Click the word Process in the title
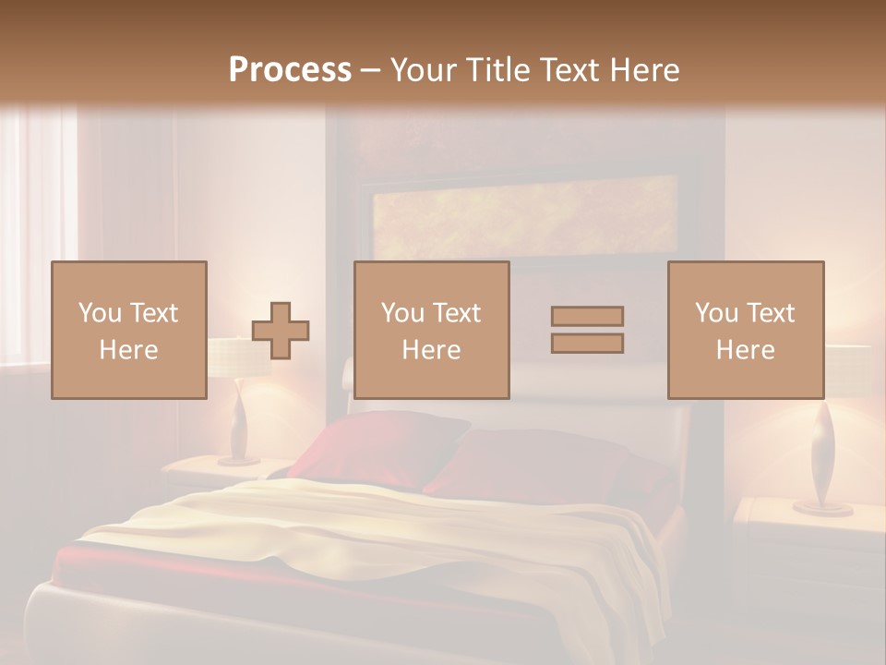tap(290, 69)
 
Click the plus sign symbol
tap(281, 331)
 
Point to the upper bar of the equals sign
tap(587, 316)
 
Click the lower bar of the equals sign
tap(587, 344)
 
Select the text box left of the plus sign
tap(128, 330)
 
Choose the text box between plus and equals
tap(431, 330)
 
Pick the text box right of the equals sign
tap(745, 330)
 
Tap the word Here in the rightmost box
tap(745, 349)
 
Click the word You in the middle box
tap(401, 313)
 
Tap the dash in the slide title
tap(370, 70)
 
